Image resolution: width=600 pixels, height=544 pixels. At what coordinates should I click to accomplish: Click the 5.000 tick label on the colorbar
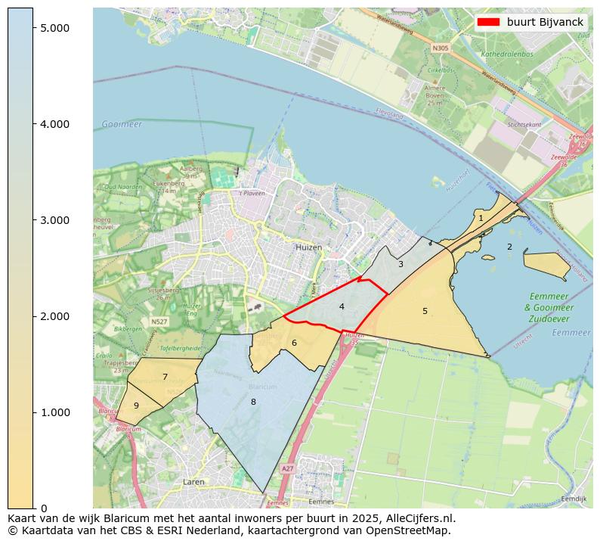54,28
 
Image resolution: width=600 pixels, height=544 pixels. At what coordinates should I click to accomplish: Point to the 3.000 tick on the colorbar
54,220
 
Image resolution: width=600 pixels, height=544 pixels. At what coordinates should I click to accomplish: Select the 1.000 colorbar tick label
54,412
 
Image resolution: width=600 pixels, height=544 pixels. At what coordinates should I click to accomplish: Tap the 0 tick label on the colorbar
44,508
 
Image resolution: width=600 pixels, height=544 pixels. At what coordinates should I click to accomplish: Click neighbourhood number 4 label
342,306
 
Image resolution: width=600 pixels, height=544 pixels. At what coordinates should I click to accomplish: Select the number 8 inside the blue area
253,402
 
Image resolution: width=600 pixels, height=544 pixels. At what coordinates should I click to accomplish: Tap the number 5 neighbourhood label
425,311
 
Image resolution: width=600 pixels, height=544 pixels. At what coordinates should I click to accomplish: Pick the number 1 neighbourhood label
481,218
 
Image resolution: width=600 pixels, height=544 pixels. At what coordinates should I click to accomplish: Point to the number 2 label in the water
509,247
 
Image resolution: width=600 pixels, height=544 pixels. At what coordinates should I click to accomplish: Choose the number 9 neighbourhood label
136,406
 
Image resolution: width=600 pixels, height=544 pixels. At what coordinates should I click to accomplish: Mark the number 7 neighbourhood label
165,377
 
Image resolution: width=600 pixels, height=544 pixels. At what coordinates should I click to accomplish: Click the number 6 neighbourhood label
294,343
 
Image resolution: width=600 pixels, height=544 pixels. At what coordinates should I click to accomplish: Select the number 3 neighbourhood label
401,264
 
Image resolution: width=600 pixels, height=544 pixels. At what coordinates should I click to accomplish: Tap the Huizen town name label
308,247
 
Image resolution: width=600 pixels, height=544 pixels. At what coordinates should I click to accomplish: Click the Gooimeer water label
122,124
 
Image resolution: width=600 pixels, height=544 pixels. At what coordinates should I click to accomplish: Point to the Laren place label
193,481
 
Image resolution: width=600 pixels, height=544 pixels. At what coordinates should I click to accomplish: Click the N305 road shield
441,48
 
